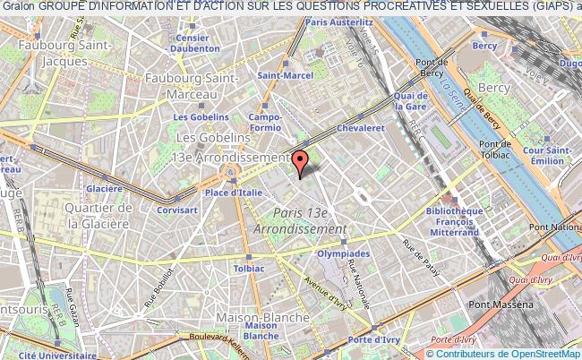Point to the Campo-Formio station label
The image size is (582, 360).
(265, 123)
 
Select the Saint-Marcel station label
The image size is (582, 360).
(285, 76)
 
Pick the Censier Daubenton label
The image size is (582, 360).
(199, 44)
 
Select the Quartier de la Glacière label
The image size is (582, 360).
(98, 214)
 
